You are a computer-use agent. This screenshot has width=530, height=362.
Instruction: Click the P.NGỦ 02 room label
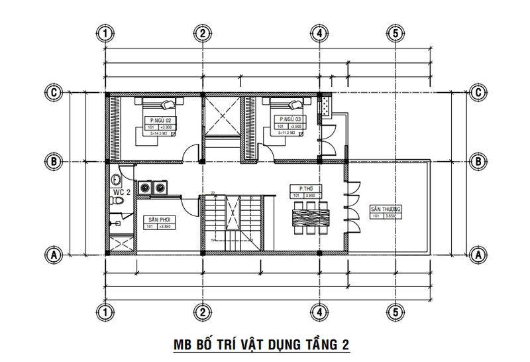point(161,120)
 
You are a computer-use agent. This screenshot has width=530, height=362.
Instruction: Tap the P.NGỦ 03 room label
point(288,120)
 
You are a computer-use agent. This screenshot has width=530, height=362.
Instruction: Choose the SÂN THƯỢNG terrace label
point(386,209)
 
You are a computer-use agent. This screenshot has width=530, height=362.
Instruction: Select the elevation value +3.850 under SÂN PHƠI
point(165,227)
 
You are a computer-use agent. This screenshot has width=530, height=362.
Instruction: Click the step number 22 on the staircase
point(213,193)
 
